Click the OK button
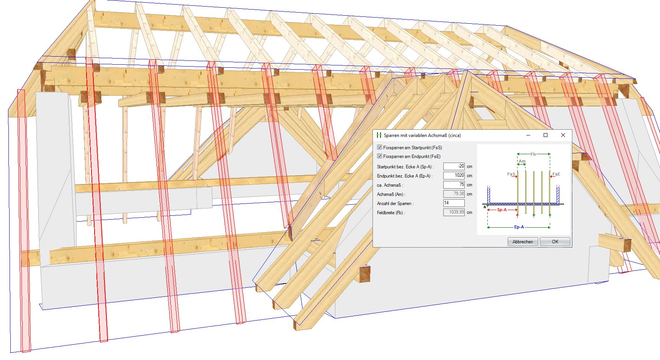click(555, 242)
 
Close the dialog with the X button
click(563, 135)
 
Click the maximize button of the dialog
click(546, 135)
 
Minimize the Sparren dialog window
click(528, 135)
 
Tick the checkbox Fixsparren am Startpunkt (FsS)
click(379, 147)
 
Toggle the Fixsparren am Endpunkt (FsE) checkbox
click(379, 156)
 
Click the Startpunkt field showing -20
click(454, 166)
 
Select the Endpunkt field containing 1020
click(454, 176)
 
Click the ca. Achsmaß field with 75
click(454, 185)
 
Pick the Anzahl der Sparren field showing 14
click(454, 203)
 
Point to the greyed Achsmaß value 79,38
click(454, 194)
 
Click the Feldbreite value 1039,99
click(454, 212)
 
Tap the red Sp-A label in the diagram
click(502, 210)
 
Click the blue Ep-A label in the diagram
click(519, 227)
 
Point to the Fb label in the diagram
click(533, 154)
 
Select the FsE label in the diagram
click(556, 174)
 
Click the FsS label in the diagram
click(511, 174)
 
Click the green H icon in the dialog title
click(379, 135)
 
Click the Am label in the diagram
click(522, 161)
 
